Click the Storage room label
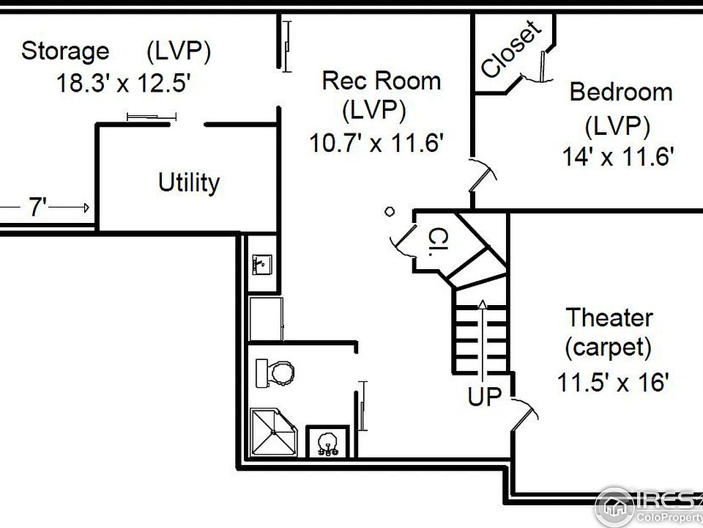point(65,51)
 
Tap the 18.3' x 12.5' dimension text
point(124,83)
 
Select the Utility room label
point(189,183)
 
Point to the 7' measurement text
point(37,207)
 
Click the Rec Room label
point(382,81)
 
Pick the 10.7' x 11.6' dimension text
point(376,143)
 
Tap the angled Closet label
point(510,48)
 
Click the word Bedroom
point(621,92)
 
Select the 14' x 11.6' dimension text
point(618,157)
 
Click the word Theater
point(609,318)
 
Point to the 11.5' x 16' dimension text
point(613,383)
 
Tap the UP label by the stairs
point(485,397)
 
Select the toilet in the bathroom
point(275,373)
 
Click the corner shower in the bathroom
point(273,432)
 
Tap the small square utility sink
point(262,265)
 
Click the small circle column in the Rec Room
point(390,211)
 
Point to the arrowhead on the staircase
point(482,304)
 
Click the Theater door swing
point(524,412)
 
